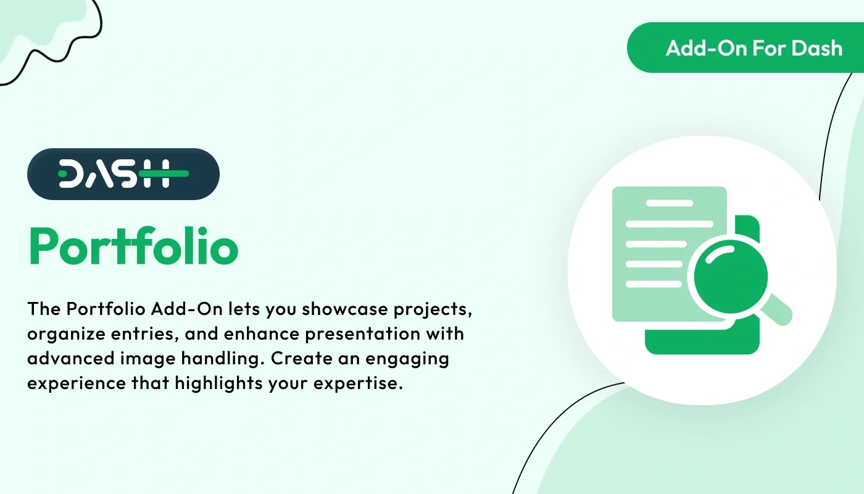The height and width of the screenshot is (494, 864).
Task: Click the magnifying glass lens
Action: [x=731, y=276]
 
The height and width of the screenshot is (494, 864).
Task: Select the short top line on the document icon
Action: [x=668, y=203]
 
